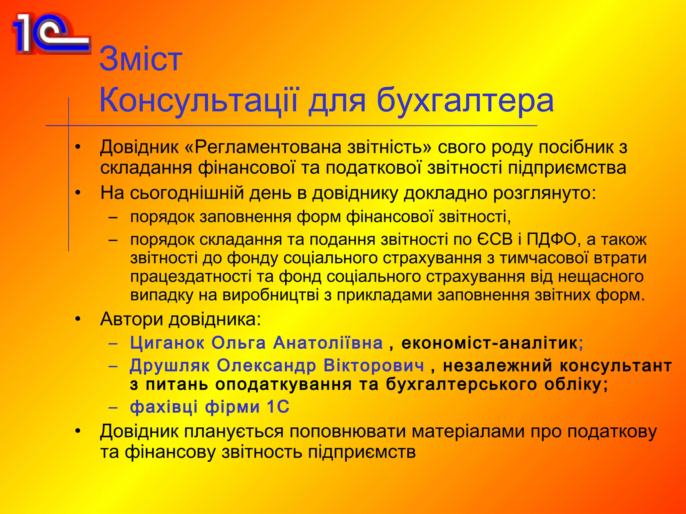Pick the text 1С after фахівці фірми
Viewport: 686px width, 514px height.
tap(278, 407)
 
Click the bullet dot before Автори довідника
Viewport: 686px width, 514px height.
tap(78, 319)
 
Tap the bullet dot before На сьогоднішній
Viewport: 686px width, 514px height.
tap(78, 193)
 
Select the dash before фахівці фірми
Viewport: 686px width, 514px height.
tap(114, 408)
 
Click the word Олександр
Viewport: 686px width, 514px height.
tap(266, 365)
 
